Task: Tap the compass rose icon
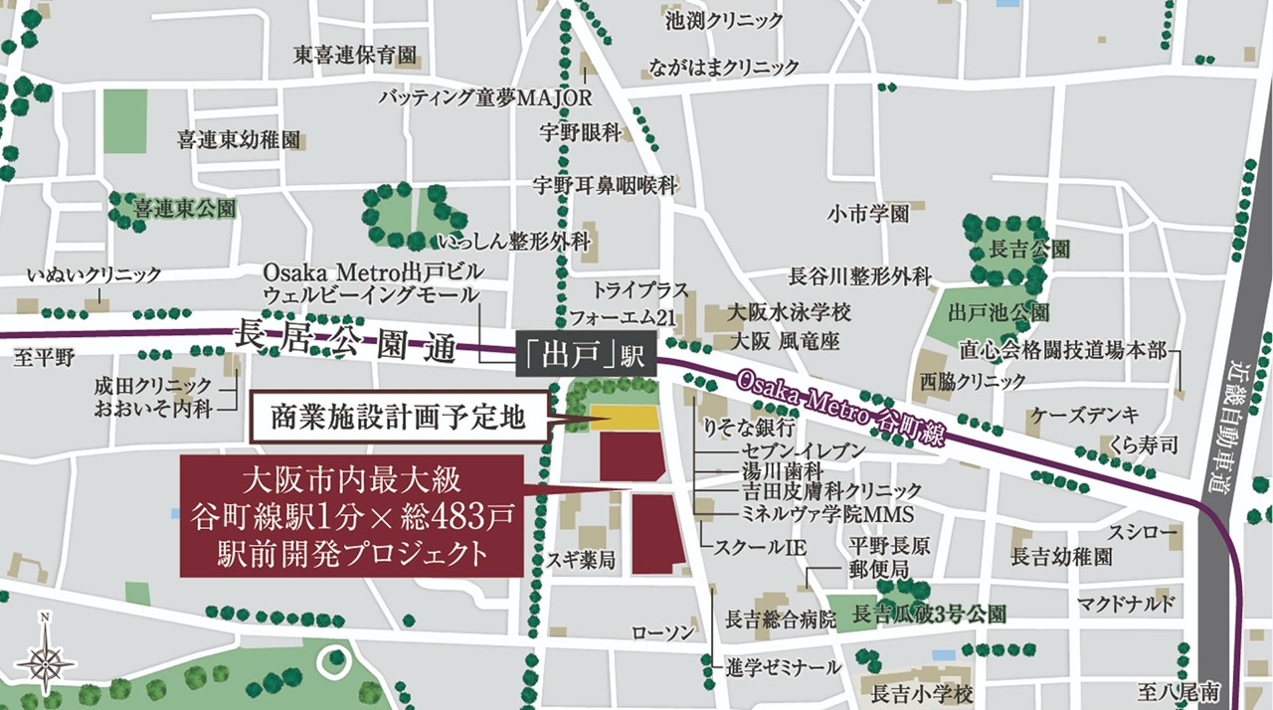45,658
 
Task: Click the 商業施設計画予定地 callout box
400,417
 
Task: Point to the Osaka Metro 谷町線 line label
841,411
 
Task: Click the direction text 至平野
44,358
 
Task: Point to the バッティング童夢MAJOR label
485,97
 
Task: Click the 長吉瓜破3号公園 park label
930,617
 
